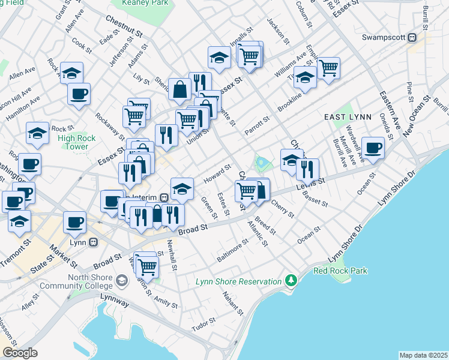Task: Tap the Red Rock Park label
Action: pos(340,271)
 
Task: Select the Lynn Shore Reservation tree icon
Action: pos(291,280)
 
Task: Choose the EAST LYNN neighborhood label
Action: pos(349,116)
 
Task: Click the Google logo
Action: pos(20,353)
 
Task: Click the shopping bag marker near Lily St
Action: pos(179,89)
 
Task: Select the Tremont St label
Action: pos(16,250)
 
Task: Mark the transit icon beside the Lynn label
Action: pos(93,242)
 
